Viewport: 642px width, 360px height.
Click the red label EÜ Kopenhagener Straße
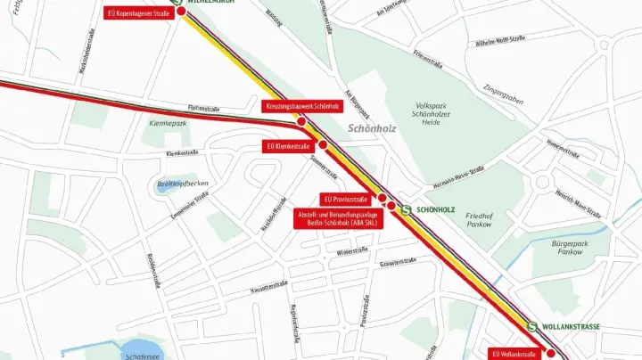click(x=138, y=13)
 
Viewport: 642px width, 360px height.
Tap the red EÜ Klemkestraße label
click(x=288, y=145)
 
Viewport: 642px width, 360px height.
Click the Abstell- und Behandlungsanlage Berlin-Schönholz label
click(x=338, y=218)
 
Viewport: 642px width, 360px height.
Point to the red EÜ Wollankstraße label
click(x=514, y=354)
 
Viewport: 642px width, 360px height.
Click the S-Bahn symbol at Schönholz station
click(x=406, y=210)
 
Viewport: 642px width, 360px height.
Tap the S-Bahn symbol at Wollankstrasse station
click(x=532, y=327)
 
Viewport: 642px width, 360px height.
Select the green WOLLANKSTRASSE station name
click(x=574, y=327)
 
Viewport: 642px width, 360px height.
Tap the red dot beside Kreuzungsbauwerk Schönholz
click(x=301, y=121)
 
